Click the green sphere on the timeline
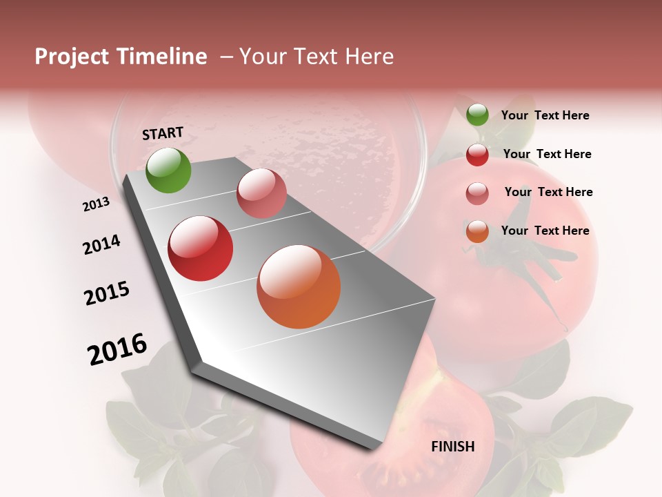coord(168,170)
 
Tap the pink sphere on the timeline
coord(261,193)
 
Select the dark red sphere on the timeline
coord(201,248)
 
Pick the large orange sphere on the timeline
coord(299,286)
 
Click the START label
coord(163,133)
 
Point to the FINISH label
coord(453,447)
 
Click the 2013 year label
coord(97,204)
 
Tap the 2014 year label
coord(101,245)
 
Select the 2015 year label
coord(107,293)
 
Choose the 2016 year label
coord(117,349)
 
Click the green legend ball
coord(477,115)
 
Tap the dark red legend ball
coord(477,155)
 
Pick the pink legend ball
coord(477,193)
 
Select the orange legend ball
coord(477,231)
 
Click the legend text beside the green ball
coord(545,116)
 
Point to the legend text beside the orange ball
coord(545,231)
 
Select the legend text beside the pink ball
coord(548,192)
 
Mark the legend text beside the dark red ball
coord(547,154)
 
